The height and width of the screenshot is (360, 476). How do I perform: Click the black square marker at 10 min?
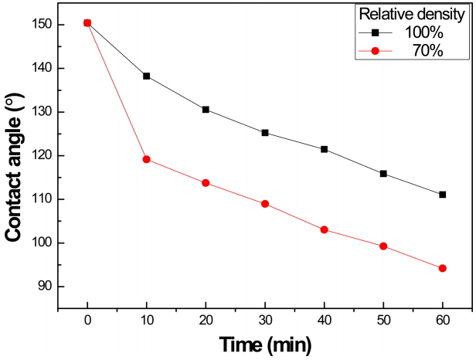(x=147, y=76)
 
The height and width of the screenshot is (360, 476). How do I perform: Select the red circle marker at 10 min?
(x=147, y=159)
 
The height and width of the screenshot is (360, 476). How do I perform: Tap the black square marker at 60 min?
(x=443, y=195)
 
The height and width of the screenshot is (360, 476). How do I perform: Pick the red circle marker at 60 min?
(x=443, y=268)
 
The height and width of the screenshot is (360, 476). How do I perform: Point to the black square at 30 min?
(x=265, y=133)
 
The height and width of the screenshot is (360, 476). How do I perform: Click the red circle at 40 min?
(x=325, y=229)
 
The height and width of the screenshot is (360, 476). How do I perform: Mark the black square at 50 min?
(x=383, y=174)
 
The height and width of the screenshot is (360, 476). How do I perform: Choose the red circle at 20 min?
(x=206, y=183)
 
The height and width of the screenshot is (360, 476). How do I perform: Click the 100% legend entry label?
(x=423, y=32)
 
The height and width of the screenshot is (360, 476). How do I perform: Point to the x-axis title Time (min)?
(x=265, y=345)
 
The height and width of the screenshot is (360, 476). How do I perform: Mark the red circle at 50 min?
(x=383, y=246)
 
